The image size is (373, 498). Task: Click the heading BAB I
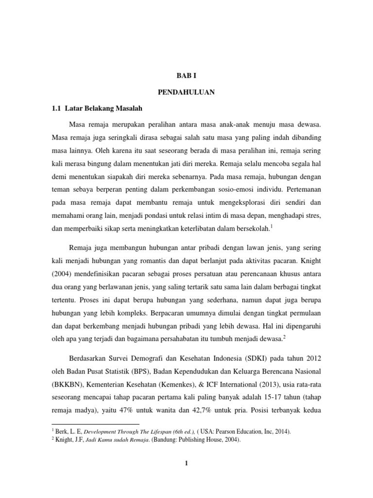(x=186, y=76)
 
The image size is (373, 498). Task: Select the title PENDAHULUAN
(x=186, y=91)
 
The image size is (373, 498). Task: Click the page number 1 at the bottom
(x=186, y=463)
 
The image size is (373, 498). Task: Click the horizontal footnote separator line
(x=95, y=424)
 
